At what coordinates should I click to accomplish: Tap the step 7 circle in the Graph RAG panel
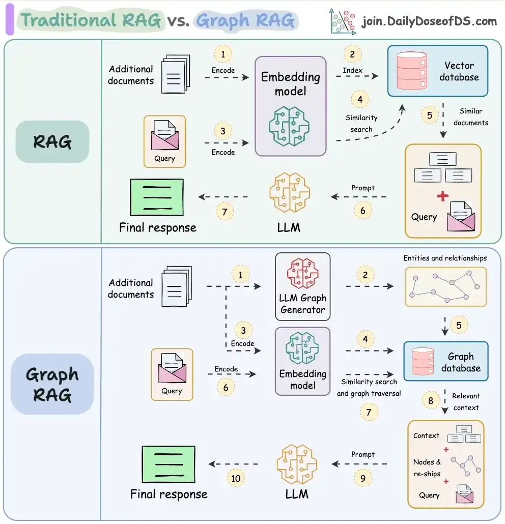pyautogui.click(x=369, y=411)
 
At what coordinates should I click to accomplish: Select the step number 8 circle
pyautogui.click(x=431, y=401)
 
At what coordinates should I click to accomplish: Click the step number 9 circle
pyautogui.click(x=363, y=478)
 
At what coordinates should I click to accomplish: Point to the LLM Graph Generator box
pyautogui.click(x=302, y=286)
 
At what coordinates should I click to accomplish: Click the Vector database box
pyautogui.click(x=437, y=71)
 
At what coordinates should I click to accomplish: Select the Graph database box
pyautogui.click(x=445, y=362)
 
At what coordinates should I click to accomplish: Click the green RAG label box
pyautogui.click(x=52, y=141)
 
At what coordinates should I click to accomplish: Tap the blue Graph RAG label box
pyautogui.click(x=52, y=384)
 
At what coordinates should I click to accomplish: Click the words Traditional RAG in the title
pyautogui.click(x=91, y=20)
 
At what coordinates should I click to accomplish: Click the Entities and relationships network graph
pyautogui.click(x=445, y=287)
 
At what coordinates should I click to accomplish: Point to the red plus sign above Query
pyautogui.click(x=443, y=196)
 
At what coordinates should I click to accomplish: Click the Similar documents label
pyautogui.click(x=470, y=117)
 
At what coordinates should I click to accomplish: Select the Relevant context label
pyautogui.click(x=465, y=401)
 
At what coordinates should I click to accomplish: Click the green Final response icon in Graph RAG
pyautogui.click(x=168, y=464)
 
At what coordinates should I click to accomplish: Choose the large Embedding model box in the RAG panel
pyautogui.click(x=290, y=106)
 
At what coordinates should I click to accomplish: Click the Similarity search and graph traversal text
pyautogui.click(x=369, y=387)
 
